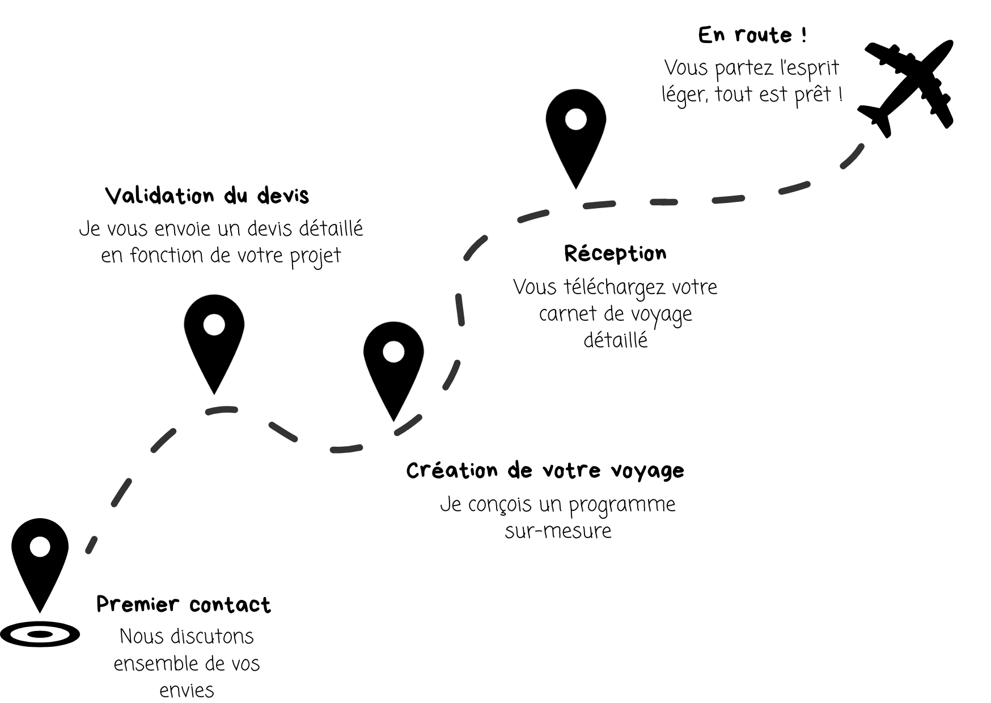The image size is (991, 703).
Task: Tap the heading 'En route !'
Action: (752, 35)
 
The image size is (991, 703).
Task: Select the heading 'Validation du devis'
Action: (207, 196)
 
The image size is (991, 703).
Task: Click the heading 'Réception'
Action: (615, 253)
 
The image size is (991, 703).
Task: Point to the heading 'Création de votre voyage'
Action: (545, 471)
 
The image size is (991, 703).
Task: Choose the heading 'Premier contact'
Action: (183, 605)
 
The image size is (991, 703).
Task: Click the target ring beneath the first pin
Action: (40, 634)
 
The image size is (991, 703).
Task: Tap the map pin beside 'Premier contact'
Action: (40, 558)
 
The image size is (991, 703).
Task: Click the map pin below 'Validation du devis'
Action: (214, 337)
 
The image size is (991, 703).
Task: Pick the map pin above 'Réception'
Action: (575, 132)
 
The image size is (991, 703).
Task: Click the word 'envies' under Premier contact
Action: (187, 691)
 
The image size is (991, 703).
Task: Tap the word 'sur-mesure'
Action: (558, 531)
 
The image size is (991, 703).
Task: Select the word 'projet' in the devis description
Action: (315, 256)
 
